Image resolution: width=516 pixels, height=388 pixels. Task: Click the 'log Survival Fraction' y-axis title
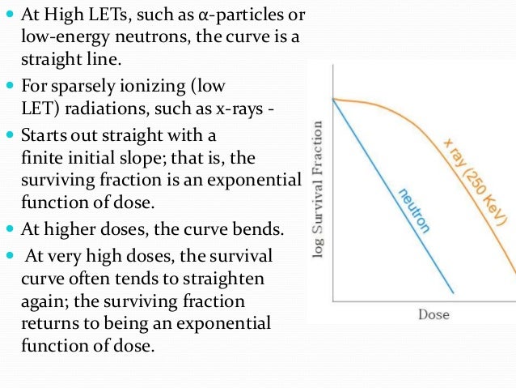click(318, 190)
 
